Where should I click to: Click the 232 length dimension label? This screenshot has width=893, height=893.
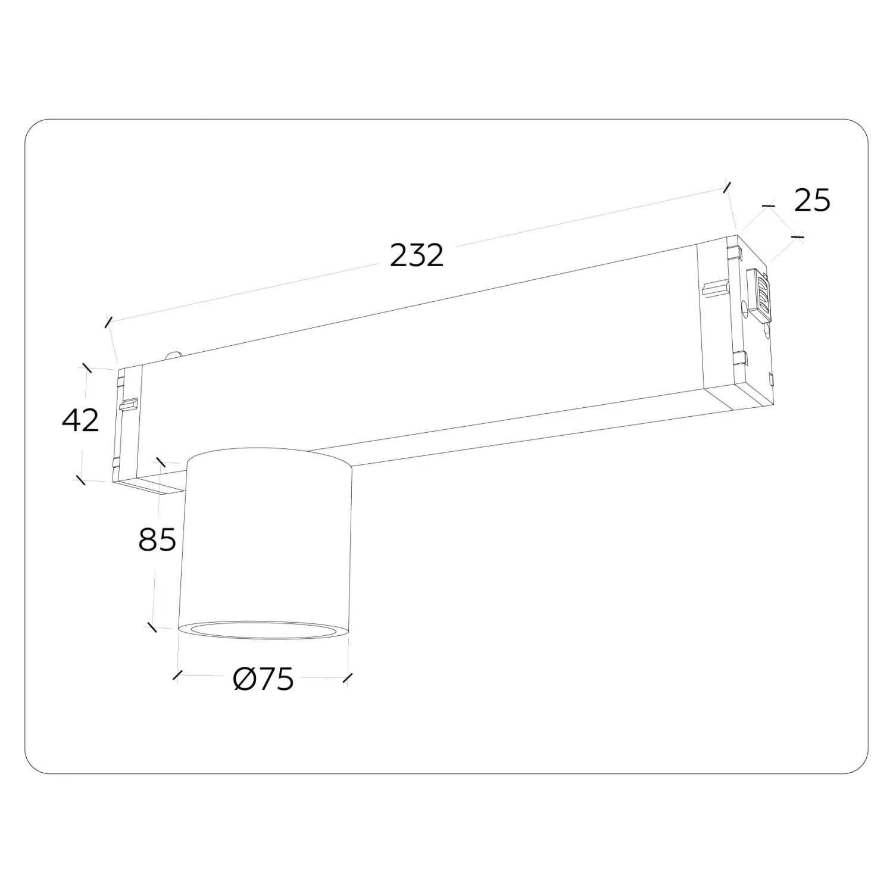[417, 256]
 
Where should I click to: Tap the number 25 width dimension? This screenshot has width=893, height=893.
[812, 200]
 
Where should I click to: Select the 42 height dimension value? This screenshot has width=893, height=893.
[80, 420]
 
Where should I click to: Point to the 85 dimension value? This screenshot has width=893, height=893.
[157, 540]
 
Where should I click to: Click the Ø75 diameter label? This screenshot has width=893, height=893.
[264, 679]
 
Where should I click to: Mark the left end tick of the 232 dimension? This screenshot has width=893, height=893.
[108, 322]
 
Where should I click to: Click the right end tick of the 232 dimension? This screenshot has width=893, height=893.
[726, 186]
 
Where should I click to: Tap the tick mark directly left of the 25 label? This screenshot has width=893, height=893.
[770, 206]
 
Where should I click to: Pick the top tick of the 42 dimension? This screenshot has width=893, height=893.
[87, 367]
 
